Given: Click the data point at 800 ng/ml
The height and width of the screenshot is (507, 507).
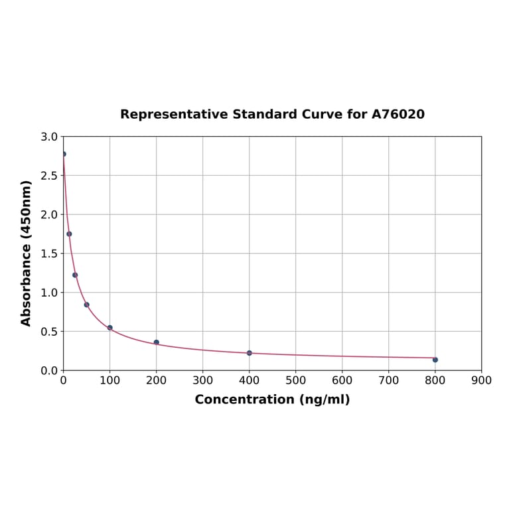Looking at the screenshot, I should point(435,360).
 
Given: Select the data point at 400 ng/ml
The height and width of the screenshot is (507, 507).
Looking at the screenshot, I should point(250,353).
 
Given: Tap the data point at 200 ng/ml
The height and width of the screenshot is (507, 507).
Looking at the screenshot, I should point(157,342).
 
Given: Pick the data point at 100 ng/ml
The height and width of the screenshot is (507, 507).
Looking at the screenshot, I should point(110,328).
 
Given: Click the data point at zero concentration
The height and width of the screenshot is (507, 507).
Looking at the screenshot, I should point(64,154).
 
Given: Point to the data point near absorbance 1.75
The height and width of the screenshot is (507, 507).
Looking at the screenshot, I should point(69,234).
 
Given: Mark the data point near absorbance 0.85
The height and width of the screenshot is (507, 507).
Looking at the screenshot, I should point(86,305).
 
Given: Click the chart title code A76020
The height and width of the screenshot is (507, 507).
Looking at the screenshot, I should point(398,115).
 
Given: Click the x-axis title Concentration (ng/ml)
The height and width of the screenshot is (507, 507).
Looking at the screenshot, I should point(272,399).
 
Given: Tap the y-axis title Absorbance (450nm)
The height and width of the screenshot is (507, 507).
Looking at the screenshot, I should point(27,253).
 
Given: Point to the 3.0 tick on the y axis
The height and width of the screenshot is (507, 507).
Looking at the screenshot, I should point(49,137).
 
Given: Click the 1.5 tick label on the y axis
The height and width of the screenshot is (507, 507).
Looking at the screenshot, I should point(49,254).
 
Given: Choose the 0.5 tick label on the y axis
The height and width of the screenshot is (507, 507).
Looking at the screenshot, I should point(49,332).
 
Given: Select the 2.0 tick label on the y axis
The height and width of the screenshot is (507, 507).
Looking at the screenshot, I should point(49,215).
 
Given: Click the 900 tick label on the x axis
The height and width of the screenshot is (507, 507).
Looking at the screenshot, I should point(481,381).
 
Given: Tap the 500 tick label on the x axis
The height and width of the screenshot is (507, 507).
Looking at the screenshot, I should point(296,381).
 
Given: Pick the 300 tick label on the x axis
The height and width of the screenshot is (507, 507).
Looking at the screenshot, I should point(203,381).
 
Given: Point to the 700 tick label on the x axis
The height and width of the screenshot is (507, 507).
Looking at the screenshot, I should point(389,381).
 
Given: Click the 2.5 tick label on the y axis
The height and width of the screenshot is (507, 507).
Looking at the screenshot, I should point(49,176).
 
